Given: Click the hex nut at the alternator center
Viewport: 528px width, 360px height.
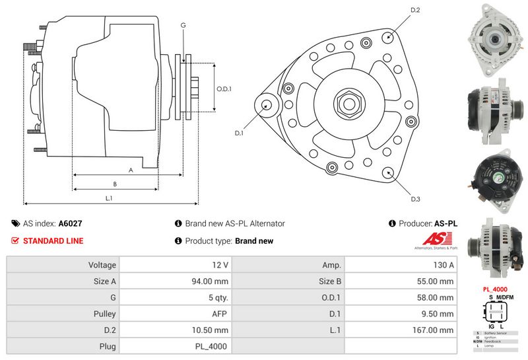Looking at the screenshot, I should [347, 104].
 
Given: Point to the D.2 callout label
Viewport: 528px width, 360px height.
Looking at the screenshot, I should [415, 10].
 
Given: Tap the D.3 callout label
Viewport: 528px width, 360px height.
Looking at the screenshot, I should [415, 199].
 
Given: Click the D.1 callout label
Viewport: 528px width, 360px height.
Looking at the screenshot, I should [239, 133].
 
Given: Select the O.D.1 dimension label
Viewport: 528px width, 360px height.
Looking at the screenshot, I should [224, 89].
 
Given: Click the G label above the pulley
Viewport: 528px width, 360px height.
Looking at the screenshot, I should [183, 25].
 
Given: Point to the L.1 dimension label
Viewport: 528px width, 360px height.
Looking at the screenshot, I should [109, 198].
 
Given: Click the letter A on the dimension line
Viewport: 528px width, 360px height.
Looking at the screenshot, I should [130, 170].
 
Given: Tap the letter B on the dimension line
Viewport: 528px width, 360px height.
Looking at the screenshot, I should [115, 184].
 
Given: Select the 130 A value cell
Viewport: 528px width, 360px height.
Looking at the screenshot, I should [400, 264].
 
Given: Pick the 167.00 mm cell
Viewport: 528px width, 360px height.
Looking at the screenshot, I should [400, 330].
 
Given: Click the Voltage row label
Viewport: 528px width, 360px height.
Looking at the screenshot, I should [63, 264].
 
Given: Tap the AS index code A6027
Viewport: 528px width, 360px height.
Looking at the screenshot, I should [71, 224].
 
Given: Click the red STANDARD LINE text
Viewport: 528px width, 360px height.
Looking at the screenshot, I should [53, 241].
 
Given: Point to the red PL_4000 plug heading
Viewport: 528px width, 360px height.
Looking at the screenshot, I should [494, 289].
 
